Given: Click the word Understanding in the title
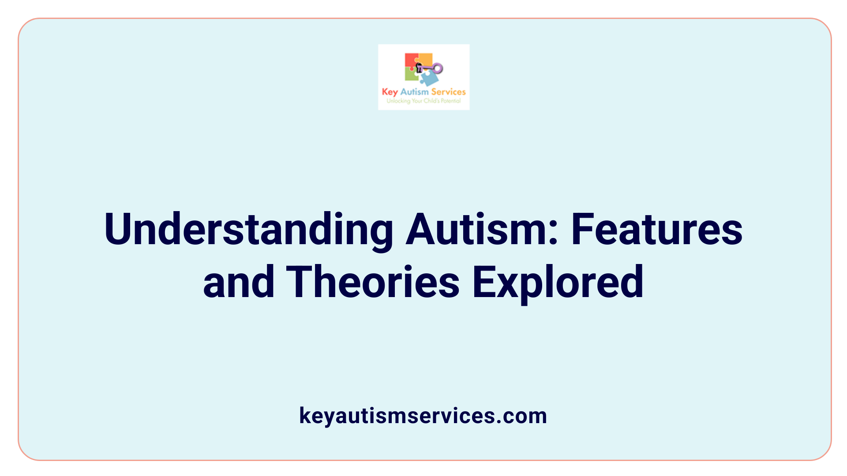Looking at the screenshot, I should click(x=248, y=230).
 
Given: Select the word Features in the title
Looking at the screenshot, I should click(x=657, y=230).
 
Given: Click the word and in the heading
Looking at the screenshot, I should click(x=238, y=282).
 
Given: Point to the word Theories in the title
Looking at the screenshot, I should click(x=373, y=282).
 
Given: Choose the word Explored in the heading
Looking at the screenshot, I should click(x=558, y=282).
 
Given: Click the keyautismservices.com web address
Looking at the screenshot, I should click(x=423, y=416).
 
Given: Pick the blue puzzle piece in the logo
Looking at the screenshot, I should click(x=429, y=79).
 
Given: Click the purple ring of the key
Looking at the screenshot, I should click(x=437, y=68).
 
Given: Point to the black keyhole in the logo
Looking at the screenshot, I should click(x=419, y=67).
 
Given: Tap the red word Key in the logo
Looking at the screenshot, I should click(x=390, y=92).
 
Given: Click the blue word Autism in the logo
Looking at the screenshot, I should click(x=414, y=92).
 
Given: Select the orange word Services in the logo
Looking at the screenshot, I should click(x=448, y=92).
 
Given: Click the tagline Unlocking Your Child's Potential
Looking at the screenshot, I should click(x=423, y=101).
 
